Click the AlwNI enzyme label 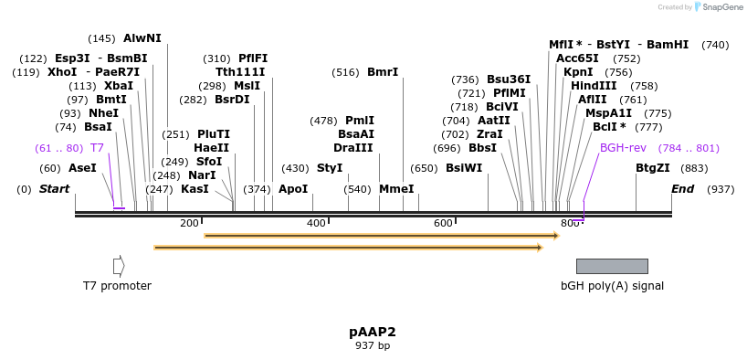142,38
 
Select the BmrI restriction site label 383,72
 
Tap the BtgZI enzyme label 653,168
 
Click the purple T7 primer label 97,148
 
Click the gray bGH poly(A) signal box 612,266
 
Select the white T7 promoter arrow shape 119,266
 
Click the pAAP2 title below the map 373,332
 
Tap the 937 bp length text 373,346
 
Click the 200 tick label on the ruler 189,223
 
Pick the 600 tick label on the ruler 443,223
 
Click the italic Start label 54,189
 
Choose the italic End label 682,189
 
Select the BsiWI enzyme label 464,168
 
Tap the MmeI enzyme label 396,189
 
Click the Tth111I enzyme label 240,72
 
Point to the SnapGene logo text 721,7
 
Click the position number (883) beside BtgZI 695,168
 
